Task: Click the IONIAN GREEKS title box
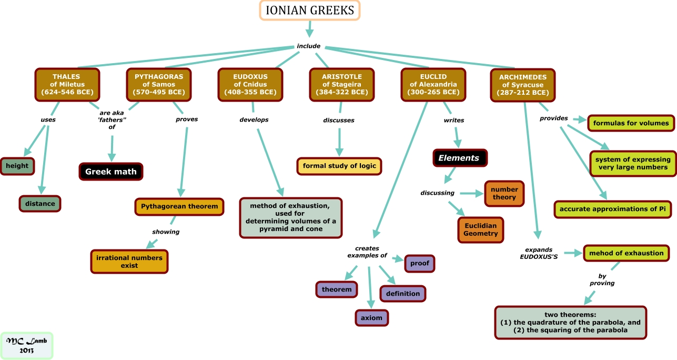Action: (x=310, y=11)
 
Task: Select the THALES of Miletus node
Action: (x=67, y=84)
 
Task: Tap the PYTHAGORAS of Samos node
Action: (x=159, y=84)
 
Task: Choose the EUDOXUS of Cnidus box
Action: (x=250, y=84)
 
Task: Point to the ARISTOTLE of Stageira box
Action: (x=342, y=84)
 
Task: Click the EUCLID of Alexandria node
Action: (x=433, y=84)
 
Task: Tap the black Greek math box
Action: (x=111, y=172)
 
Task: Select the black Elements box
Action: (x=459, y=158)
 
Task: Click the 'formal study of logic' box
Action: (x=339, y=166)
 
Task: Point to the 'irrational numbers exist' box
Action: (x=129, y=262)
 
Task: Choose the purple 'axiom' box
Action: (x=371, y=318)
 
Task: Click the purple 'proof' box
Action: (x=420, y=263)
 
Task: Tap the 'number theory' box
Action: (x=504, y=193)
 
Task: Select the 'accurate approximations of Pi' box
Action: (x=613, y=209)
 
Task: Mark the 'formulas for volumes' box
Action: (x=631, y=123)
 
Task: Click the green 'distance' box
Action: (x=40, y=204)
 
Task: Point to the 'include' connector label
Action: (x=309, y=46)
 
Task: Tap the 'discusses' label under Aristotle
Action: (x=338, y=120)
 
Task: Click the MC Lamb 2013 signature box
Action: (x=27, y=345)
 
